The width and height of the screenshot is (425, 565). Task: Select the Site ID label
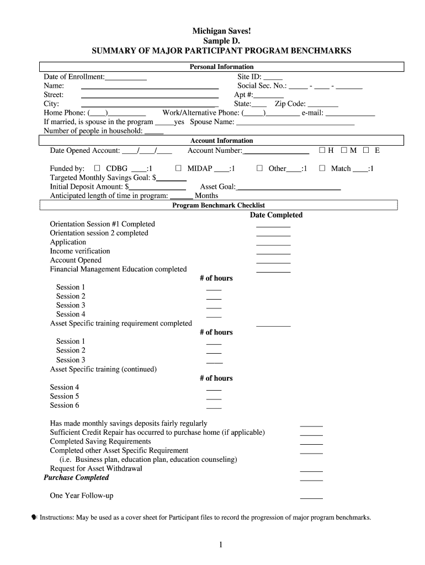[x=249, y=77]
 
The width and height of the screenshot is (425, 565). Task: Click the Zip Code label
[x=290, y=104]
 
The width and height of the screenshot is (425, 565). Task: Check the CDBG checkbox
[x=97, y=168]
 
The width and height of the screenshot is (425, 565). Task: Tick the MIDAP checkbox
[x=178, y=168]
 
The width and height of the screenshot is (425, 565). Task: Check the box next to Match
[x=322, y=168]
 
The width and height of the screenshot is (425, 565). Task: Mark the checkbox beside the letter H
[x=322, y=150]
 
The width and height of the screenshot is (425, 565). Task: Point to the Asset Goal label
[x=217, y=186]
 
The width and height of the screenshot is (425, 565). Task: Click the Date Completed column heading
[x=276, y=215]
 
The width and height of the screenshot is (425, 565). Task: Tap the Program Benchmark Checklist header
[x=219, y=205]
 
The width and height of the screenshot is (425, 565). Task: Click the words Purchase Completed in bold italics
[x=77, y=478]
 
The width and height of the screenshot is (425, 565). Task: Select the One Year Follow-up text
[x=82, y=495]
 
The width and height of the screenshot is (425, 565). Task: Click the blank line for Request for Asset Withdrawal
[x=311, y=471]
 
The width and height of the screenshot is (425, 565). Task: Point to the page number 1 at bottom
[x=220, y=545]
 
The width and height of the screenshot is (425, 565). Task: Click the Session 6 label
[x=65, y=405]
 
